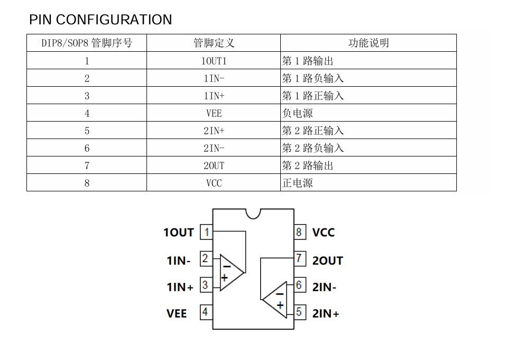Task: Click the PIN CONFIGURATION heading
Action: [100, 20]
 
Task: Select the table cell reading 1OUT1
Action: [214, 61]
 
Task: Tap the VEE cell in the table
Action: [214, 113]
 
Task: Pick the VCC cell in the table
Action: [214, 183]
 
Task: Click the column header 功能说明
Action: [368, 43]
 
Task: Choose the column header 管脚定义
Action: [214, 43]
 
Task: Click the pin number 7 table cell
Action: [87, 165]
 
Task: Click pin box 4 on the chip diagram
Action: [205, 312]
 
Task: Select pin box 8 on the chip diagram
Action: [299, 232]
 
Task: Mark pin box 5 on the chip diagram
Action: [299, 312]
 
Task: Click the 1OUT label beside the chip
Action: [179, 233]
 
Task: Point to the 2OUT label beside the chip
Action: [327, 261]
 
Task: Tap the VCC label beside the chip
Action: [323, 233]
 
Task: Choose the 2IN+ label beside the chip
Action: [326, 313]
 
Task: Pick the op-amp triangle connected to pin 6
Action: [277, 300]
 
